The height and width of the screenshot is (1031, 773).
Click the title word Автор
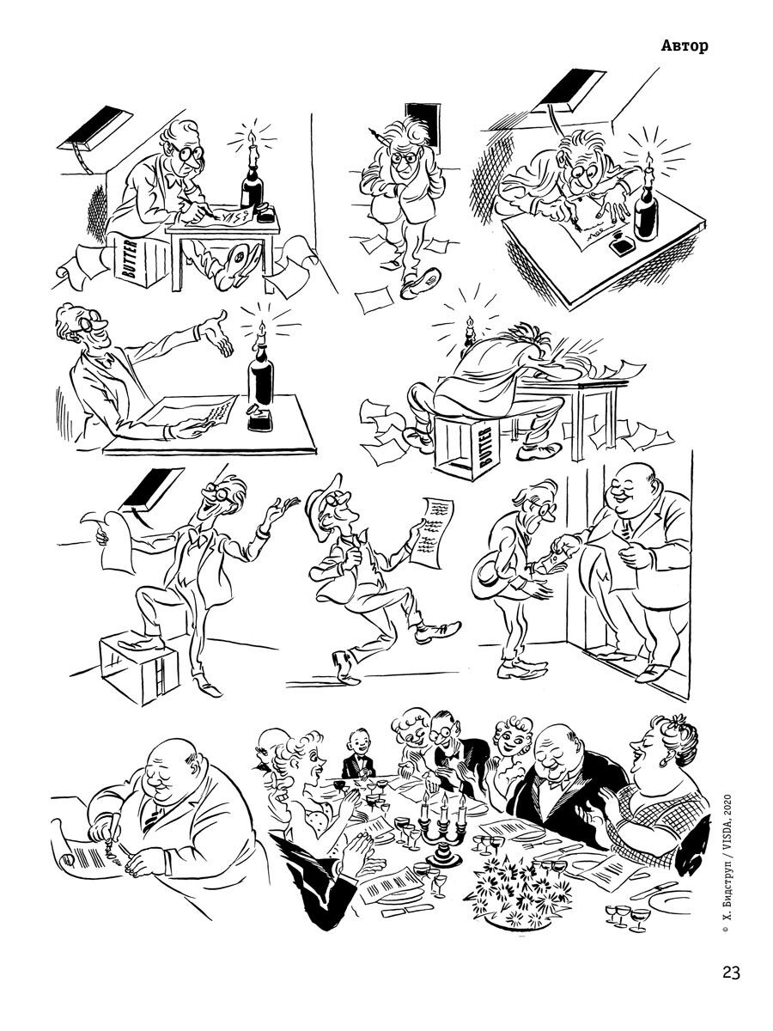click(x=685, y=46)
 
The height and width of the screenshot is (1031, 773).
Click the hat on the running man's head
click(x=326, y=495)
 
